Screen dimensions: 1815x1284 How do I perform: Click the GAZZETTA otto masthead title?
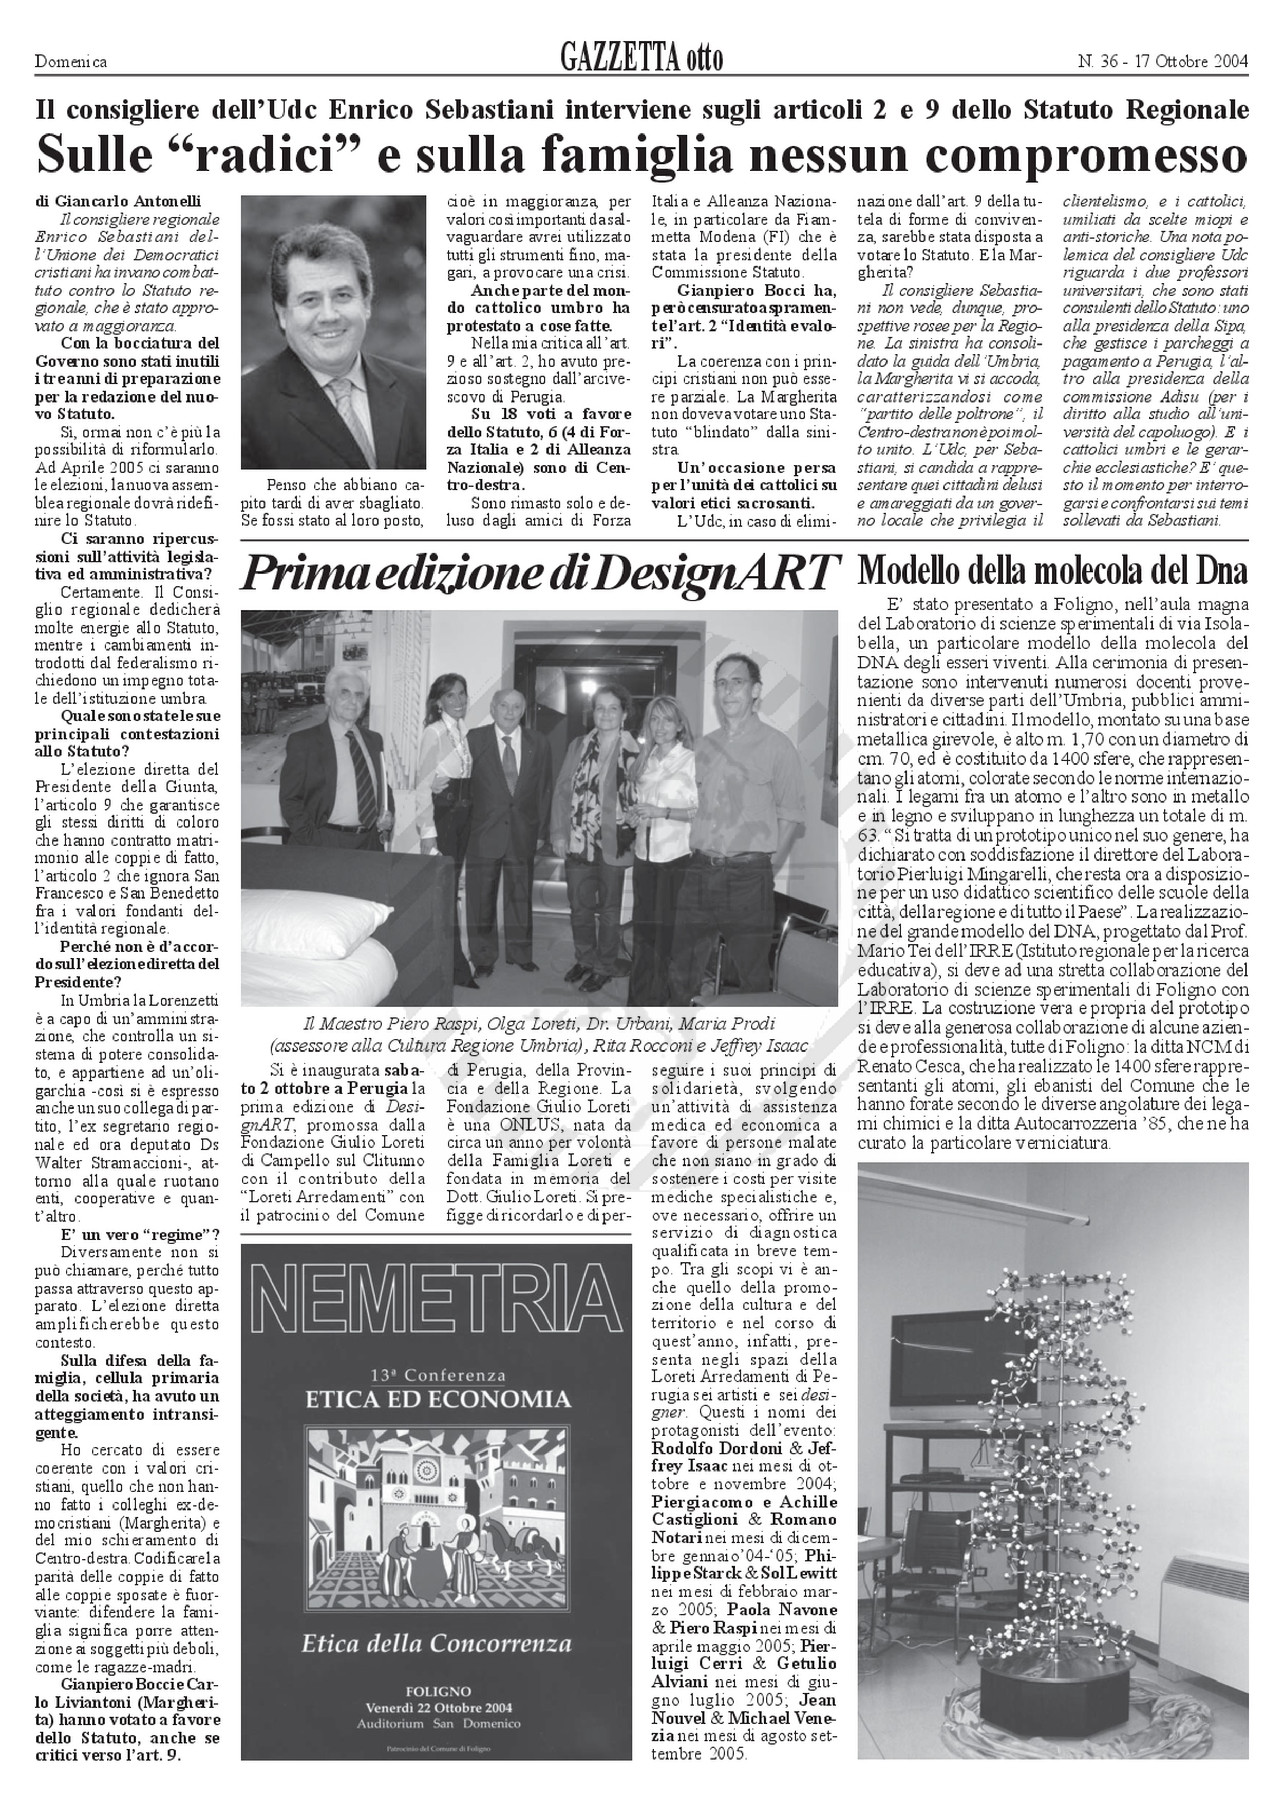click(640, 58)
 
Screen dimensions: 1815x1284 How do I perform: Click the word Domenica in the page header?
click(71, 61)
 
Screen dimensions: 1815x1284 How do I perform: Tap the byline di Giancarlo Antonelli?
click(119, 202)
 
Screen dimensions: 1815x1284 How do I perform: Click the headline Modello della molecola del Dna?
click(1053, 570)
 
